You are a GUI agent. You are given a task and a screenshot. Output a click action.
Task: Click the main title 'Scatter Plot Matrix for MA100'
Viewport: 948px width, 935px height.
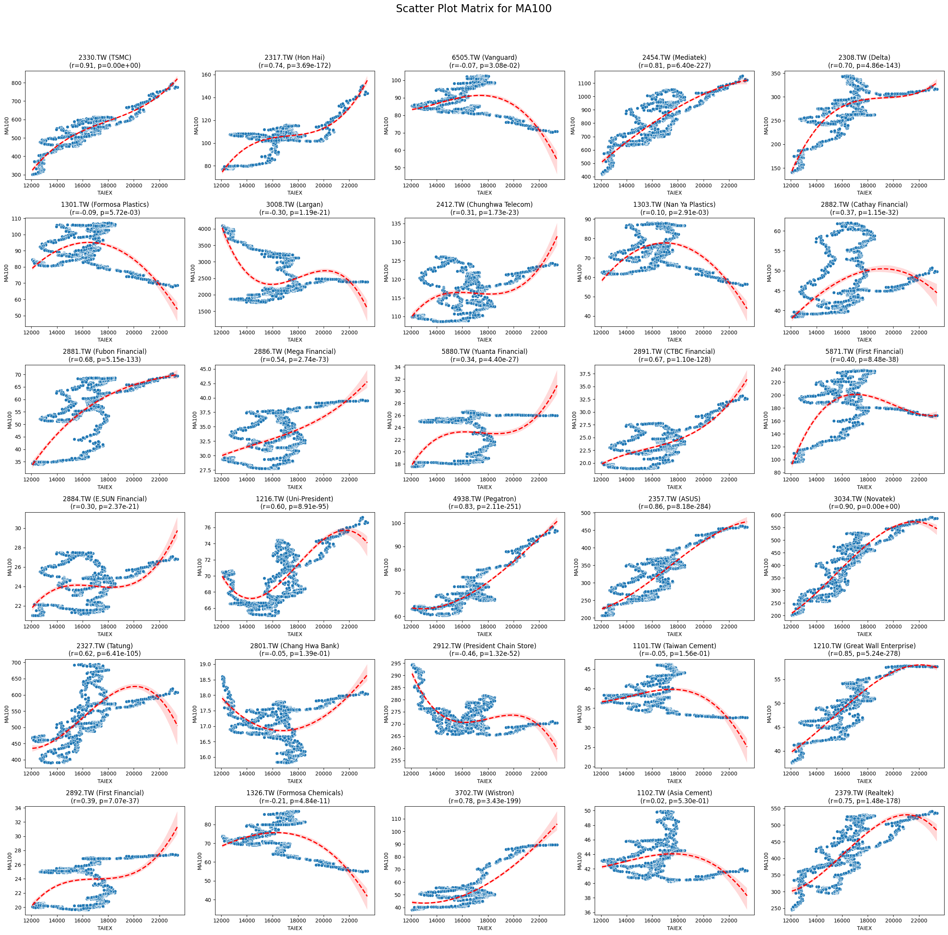(474, 9)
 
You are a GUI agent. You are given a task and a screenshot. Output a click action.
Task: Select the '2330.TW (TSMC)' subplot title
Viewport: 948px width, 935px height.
(105, 58)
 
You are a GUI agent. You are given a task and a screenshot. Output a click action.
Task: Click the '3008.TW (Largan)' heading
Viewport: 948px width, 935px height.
(294, 204)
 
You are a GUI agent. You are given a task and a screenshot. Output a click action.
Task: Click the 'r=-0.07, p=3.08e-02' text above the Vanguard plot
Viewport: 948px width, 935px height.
(484, 65)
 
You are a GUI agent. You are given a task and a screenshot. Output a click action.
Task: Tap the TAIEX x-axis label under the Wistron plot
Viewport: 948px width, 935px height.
(484, 928)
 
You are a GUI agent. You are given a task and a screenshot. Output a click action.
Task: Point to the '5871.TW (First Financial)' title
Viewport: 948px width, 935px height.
(864, 352)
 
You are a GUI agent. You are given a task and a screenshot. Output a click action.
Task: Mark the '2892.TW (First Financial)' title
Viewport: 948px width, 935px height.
(105, 793)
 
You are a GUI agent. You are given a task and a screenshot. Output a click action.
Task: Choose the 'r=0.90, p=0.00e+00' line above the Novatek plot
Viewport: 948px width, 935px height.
(864, 507)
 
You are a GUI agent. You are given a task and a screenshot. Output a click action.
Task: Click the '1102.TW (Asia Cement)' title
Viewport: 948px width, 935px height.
(674, 793)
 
